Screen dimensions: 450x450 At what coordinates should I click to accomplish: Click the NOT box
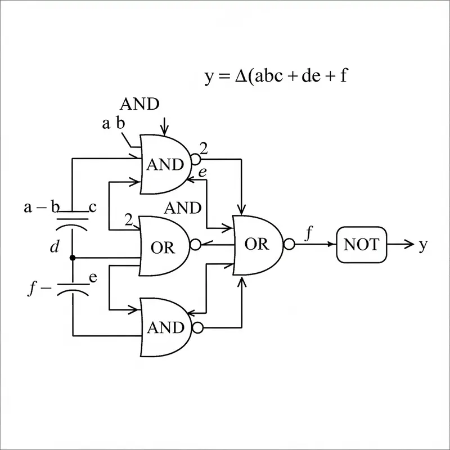362,245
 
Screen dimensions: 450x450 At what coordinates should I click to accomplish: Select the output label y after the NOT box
422,245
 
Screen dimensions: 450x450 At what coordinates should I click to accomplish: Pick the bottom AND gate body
164,327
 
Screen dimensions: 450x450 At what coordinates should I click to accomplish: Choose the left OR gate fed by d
163,246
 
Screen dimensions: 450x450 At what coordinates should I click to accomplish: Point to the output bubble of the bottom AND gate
196,327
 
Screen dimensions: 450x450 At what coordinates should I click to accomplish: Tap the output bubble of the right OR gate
289,244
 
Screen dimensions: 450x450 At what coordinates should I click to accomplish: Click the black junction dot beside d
73,258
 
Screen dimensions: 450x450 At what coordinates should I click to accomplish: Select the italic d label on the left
55,247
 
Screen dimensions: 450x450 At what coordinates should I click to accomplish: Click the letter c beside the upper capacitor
93,206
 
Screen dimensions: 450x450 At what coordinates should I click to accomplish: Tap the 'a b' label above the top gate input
113,124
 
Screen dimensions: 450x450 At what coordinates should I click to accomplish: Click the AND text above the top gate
139,104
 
